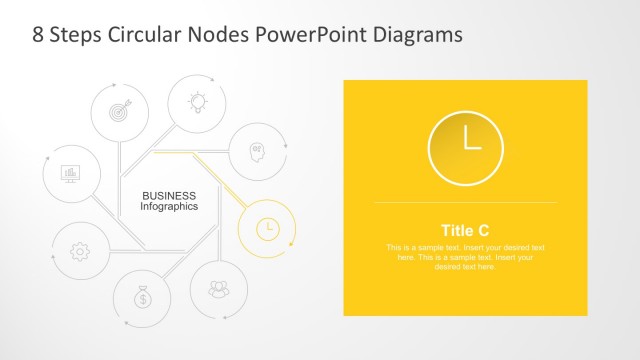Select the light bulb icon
(195, 100)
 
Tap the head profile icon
(257, 152)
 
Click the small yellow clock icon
(267, 228)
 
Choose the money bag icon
(143, 297)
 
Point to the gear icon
(80, 251)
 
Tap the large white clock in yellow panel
(466, 146)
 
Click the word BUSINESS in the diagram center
(169, 195)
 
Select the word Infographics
(169, 206)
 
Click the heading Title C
(465, 230)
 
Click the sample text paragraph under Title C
(465, 257)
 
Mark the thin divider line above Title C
(465, 203)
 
